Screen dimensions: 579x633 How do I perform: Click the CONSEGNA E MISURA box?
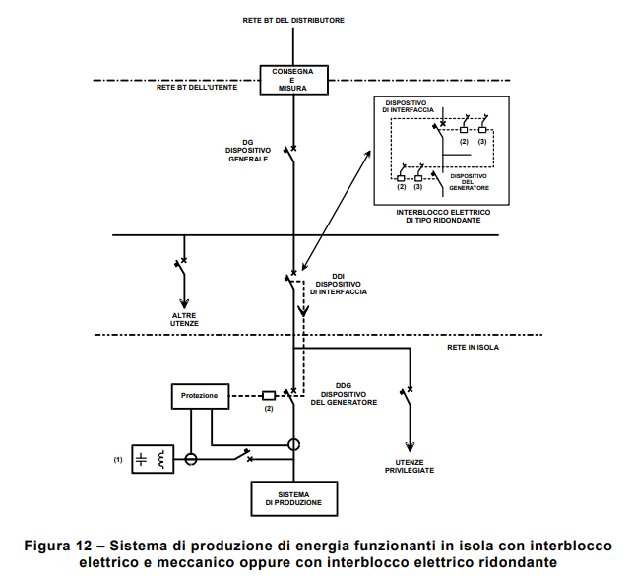[293, 80]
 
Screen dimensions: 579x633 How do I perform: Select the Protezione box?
[200, 396]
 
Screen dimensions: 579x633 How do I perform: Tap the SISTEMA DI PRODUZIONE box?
[292, 498]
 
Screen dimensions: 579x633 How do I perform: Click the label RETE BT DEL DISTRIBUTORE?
[293, 20]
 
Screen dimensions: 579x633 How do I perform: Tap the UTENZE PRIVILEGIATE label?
[409, 466]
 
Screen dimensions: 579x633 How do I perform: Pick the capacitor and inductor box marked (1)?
[152, 459]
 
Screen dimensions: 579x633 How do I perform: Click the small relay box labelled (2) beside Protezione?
[268, 395]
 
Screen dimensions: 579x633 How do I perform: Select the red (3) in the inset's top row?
[482, 143]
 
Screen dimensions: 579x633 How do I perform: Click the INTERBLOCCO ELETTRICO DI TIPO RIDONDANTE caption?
[443, 217]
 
